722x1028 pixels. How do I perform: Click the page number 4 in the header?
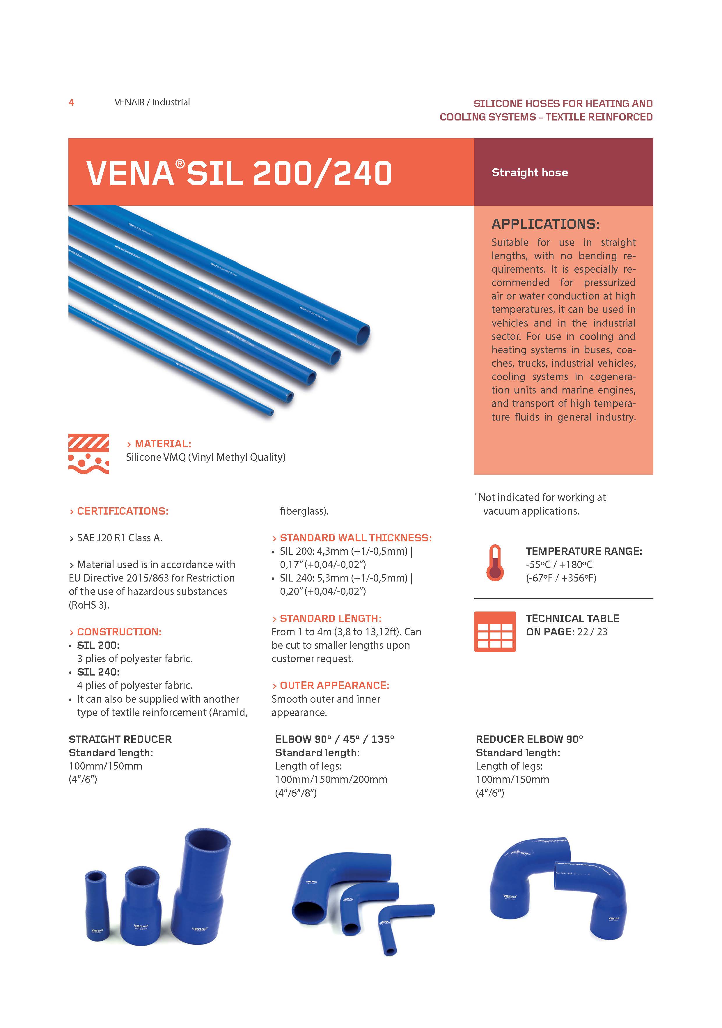[x=71, y=102]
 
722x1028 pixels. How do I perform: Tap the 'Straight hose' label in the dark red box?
[x=530, y=173]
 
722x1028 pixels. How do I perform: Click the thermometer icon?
[x=495, y=563]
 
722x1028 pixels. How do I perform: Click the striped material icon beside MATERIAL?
[x=89, y=453]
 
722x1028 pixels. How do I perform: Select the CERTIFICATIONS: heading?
[x=122, y=511]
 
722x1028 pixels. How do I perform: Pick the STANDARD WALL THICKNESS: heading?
[x=355, y=538]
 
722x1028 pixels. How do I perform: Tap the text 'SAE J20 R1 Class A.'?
[x=119, y=538]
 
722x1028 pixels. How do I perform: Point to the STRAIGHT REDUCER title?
[x=120, y=739]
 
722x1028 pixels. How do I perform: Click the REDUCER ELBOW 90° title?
[x=529, y=739]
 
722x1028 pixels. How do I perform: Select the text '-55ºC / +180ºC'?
[x=559, y=565]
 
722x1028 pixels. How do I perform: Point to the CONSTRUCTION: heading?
[x=119, y=632]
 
